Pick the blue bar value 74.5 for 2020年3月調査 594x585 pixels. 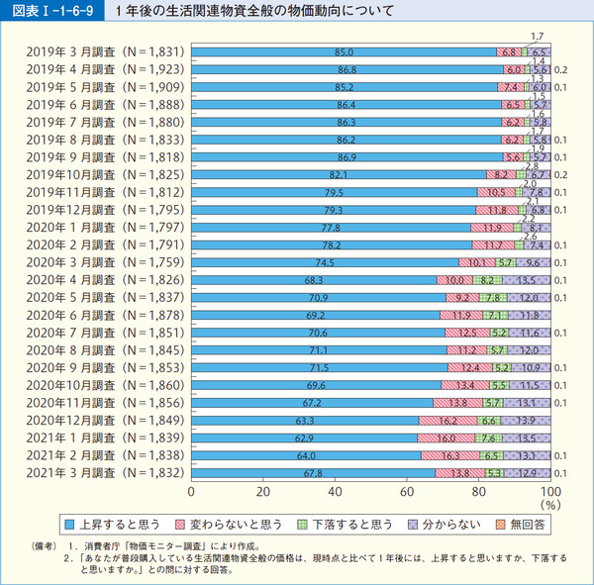(325, 263)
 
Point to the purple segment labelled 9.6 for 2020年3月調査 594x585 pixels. (533, 263)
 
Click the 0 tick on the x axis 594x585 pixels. (190, 492)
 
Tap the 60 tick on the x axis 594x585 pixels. (407, 492)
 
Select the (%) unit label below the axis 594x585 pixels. (550, 505)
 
